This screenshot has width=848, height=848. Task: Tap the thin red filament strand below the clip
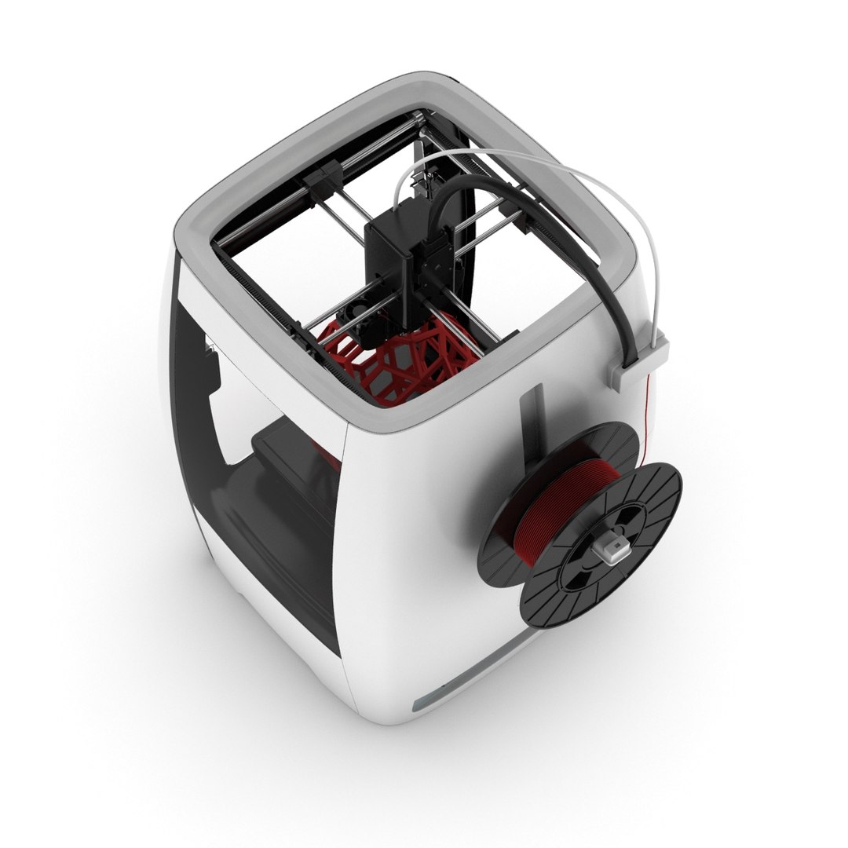pos(649,400)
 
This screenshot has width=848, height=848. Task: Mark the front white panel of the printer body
pos(424,550)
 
